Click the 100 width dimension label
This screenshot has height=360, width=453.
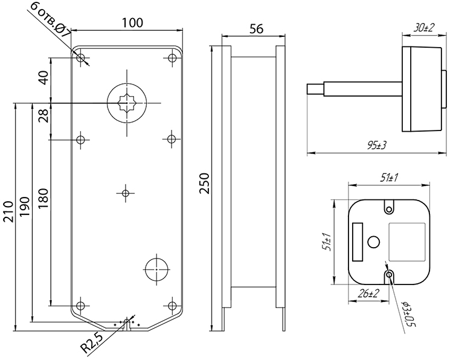[132, 23]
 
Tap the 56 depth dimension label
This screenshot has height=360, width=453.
[256, 29]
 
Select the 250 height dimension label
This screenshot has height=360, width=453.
[204, 184]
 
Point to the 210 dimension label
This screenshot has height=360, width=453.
[8, 212]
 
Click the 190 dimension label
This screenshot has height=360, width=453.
[25, 207]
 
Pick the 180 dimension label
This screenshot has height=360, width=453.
[43, 199]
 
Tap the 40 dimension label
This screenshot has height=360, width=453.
[43, 77]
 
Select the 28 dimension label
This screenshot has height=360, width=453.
[43, 116]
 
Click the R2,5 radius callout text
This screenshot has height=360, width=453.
[92, 344]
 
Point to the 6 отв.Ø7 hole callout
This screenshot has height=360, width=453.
[50, 20]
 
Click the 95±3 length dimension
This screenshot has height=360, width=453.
[377, 146]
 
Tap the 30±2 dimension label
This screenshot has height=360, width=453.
[424, 28]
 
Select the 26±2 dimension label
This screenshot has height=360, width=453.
[368, 294]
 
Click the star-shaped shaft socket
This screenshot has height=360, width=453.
[127, 103]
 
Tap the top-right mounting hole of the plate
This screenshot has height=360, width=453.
[173, 58]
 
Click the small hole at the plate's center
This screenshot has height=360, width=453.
[126, 193]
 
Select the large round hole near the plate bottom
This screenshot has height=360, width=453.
[156, 269]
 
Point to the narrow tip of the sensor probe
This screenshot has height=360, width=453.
[315, 89]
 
